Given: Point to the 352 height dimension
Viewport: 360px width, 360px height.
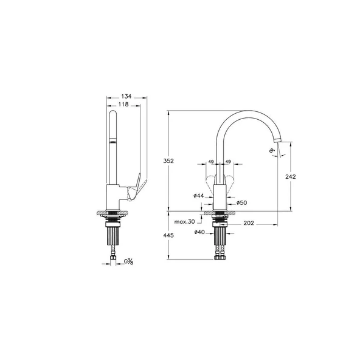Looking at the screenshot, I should [169, 161].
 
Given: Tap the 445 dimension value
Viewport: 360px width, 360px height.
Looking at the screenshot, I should [169, 235].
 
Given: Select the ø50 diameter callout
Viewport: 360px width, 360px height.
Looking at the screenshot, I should [241, 202].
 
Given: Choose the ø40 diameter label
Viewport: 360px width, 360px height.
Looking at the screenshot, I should [198, 232].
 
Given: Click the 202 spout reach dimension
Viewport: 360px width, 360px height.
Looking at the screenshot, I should [248, 223].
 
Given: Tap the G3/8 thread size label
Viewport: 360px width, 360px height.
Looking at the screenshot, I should [128, 262].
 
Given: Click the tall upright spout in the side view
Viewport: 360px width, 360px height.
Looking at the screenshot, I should [113, 146].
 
